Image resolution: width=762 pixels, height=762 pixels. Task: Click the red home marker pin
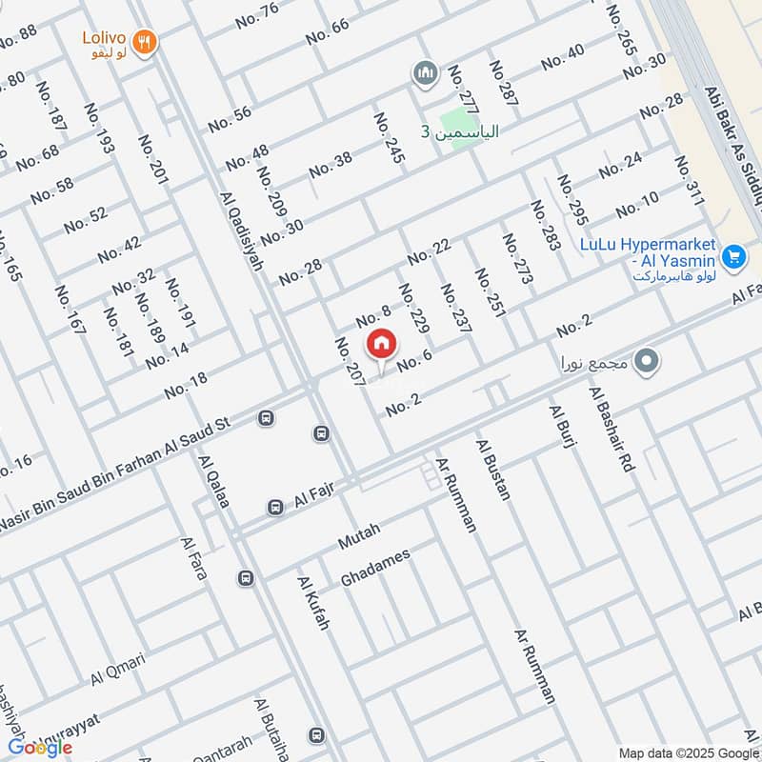tap(381, 343)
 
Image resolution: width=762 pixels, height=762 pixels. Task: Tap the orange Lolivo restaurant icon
tap(145, 41)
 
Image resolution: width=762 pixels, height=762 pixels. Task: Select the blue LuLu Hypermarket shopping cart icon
tap(732, 256)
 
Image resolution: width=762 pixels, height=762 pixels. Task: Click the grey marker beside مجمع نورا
tap(648, 361)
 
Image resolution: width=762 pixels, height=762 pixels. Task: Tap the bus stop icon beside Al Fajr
tap(275, 508)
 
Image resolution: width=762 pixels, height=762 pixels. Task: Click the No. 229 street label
tap(414, 308)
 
